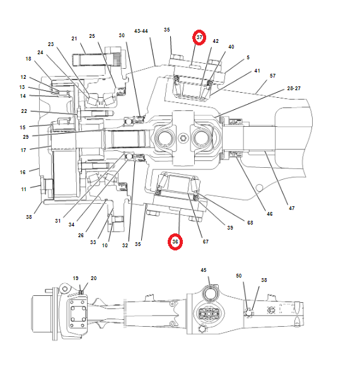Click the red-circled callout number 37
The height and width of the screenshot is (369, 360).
(x=199, y=37)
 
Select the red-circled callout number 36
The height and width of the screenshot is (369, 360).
(x=176, y=242)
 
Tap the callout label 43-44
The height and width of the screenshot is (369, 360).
(x=141, y=30)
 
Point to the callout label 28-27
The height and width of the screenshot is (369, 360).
(x=294, y=88)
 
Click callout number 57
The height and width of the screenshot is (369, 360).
(x=272, y=76)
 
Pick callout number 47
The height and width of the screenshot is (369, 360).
(x=291, y=208)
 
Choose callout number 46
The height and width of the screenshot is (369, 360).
(x=270, y=214)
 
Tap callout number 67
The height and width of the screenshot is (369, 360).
(x=206, y=242)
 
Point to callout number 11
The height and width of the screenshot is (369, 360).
(x=23, y=189)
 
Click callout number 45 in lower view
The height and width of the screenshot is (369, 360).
(x=204, y=270)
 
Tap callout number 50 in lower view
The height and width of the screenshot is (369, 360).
(x=239, y=276)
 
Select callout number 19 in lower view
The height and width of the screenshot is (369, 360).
(x=76, y=278)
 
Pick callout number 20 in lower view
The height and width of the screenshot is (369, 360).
(x=94, y=278)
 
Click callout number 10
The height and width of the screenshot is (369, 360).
(x=105, y=245)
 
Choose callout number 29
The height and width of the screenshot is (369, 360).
(x=26, y=137)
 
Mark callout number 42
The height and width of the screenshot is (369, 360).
(x=216, y=41)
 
